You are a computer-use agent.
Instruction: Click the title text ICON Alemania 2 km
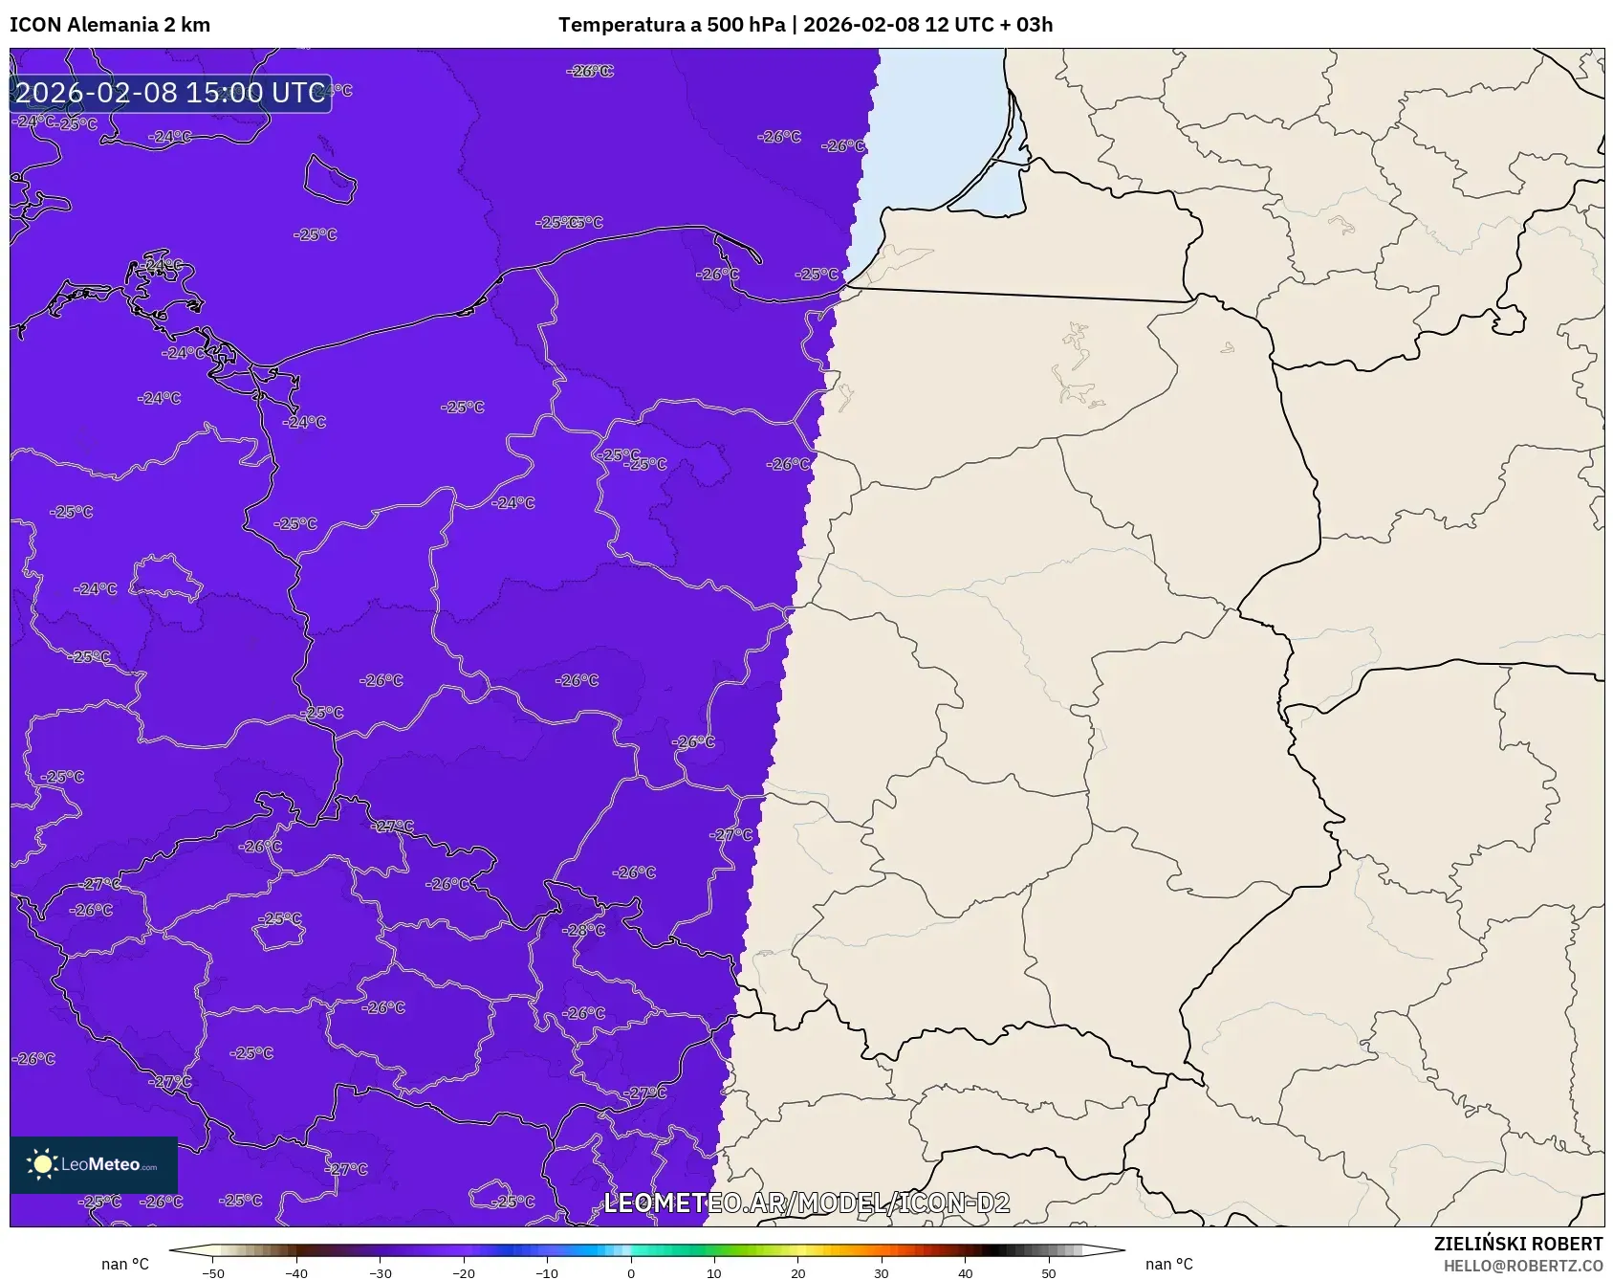(110, 25)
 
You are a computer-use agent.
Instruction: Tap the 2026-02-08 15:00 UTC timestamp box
(170, 93)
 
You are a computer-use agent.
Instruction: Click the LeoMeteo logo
(94, 1164)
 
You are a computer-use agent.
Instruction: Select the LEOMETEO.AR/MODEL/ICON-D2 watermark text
(806, 1203)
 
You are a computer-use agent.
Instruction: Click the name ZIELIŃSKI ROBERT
(1517, 1244)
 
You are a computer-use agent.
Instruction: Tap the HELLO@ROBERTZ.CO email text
(1522, 1266)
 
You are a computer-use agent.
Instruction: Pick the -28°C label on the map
(584, 930)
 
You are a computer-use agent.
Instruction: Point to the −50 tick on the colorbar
(213, 1273)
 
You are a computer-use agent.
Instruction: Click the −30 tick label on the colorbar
(381, 1273)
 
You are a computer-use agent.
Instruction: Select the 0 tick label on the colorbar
(631, 1273)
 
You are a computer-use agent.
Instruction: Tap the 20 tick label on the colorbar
(798, 1273)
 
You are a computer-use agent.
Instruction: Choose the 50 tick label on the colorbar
(1049, 1273)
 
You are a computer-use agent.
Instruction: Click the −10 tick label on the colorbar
(547, 1273)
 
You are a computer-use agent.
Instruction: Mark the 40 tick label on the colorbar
(966, 1273)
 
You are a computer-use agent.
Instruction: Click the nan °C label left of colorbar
(125, 1264)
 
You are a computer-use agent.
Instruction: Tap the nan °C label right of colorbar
(1169, 1264)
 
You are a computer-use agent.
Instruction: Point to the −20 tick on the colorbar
(464, 1273)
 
